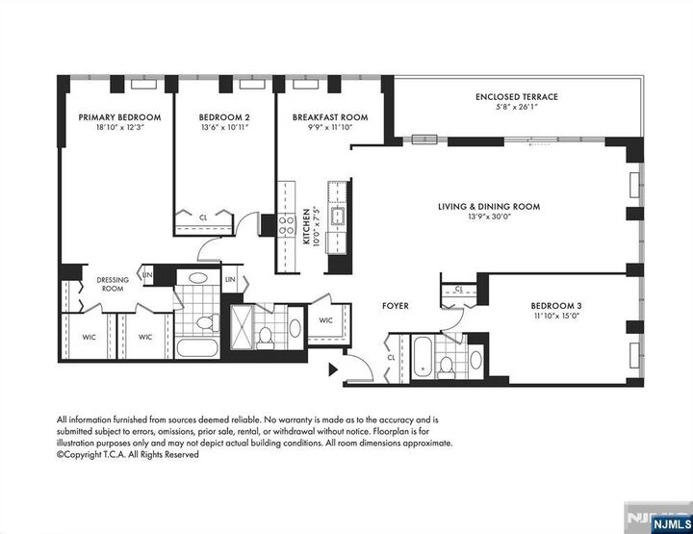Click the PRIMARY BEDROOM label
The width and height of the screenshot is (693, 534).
tap(119, 116)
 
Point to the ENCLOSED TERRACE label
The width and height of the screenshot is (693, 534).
tap(516, 97)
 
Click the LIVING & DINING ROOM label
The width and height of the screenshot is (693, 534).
tap(488, 206)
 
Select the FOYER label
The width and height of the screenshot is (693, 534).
tap(395, 306)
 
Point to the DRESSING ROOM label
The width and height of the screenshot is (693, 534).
tap(113, 285)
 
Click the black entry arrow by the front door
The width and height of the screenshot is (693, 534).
tap(334, 368)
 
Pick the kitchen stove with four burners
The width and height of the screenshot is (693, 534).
tap(286, 226)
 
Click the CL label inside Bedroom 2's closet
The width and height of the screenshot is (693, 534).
tap(203, 218)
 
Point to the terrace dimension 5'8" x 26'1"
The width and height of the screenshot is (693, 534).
tap(516, 108)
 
